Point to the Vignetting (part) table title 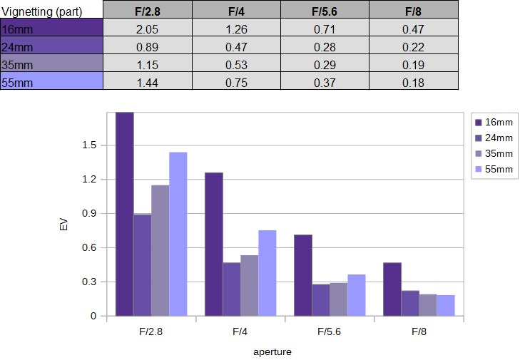click(x=42, y=11)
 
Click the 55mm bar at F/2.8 click(x=178, y=234)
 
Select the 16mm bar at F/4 click(x=214, y=245)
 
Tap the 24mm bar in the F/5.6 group click(x=321, y=300)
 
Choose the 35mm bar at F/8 click(x=428, y=305)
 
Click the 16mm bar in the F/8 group click(x=392, y=289)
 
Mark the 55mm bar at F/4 click(x=267, y=273)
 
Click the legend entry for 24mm click(x=494, y=138)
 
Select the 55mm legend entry click(x=494, y=169)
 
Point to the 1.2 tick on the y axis click(x=89, y=180)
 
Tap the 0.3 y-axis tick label click(x=89, y=282)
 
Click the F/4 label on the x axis click(x=240, y=331)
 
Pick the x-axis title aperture click(x=272, y=351)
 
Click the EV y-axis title click(x=63, y=225)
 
